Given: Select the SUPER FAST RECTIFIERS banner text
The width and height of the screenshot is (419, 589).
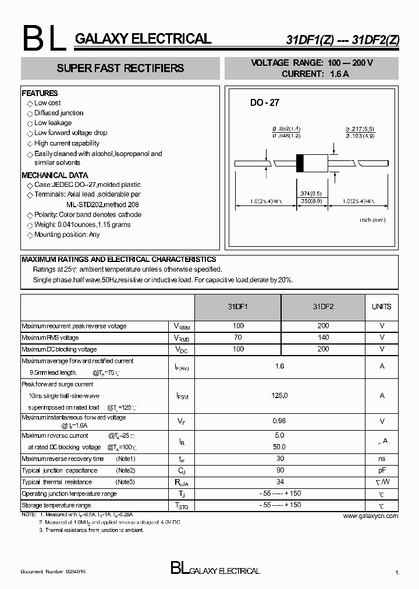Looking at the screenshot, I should tap(120, 68).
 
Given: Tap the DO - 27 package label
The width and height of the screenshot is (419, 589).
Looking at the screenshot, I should tap(265, 102).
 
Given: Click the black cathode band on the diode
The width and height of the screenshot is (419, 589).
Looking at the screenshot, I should tap(300, 163).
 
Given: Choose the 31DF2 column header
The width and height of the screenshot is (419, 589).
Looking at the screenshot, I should tap(324, 307).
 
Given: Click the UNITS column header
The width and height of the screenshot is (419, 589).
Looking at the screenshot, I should tap(382, 307).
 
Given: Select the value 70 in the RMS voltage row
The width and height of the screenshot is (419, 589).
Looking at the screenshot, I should tap(237, 338).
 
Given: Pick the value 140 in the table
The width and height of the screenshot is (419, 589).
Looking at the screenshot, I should tap(324, 338).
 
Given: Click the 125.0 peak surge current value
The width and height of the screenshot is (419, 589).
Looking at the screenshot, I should tap(279, 396).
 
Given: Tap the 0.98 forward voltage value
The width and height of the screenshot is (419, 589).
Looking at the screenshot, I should tap(279, 421).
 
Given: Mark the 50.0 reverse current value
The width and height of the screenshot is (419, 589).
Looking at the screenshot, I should tap(279, 447).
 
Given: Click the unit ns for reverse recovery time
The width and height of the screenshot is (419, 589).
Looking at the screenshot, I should tap(382, 459).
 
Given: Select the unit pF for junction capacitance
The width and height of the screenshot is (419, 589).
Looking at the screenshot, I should tap(382, 470).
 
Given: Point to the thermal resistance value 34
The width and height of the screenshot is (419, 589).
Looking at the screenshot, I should tap(279, 482).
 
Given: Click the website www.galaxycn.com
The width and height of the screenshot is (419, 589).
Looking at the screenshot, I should tap(371, 516).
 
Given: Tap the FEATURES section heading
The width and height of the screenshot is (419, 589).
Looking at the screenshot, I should tap(40, 93).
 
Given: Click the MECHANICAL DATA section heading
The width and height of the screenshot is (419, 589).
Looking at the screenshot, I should tap(55, 175).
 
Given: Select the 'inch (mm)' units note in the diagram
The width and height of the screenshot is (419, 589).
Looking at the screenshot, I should tap(372, 220).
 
